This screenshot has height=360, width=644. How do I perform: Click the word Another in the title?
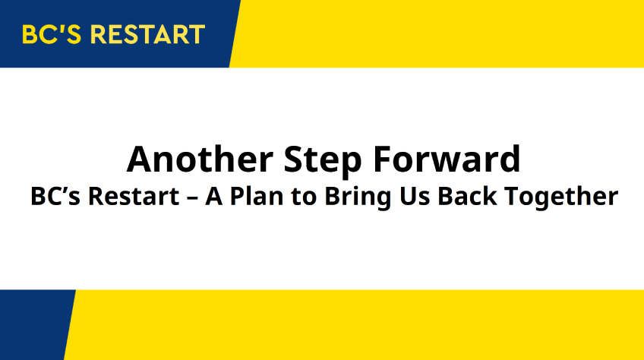click(200, 159)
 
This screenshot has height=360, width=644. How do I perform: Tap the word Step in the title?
click(323, 161)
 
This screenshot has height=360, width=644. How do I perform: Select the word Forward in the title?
click(447, 159)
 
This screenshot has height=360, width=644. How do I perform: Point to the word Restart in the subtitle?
click(134, 196)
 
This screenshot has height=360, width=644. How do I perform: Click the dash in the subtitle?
click(192, 198)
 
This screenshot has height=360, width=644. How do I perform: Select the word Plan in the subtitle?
click(257, 196)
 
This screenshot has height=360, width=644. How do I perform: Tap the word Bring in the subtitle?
click(358, 197)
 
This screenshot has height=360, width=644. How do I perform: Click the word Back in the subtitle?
click(467, 196)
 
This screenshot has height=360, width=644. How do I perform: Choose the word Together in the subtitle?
click(561, 197)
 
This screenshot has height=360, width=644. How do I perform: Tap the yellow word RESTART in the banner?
click(147, 34)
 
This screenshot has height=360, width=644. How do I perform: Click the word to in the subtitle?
click(304, 197)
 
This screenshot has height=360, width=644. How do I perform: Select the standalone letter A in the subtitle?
click(214, 197)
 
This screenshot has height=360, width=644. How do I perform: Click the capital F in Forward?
click(382, 159)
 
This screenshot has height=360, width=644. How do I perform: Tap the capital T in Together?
click(513, 197)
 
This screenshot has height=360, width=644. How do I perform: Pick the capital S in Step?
click(293, 159)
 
